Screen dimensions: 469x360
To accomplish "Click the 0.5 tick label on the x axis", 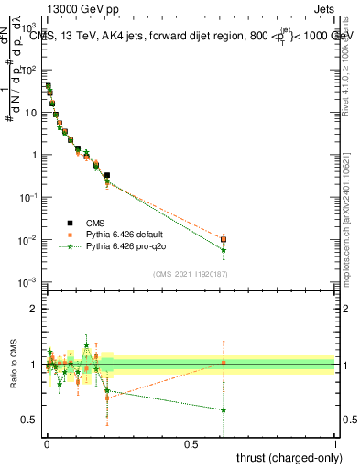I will click(191, 443).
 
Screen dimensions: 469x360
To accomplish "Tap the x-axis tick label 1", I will click(335, 443).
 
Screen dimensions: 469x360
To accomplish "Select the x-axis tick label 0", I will click(47, 443).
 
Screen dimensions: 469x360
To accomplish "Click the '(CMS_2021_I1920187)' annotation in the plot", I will click(191, 274).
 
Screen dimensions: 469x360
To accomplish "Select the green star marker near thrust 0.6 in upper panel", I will click(224, 250).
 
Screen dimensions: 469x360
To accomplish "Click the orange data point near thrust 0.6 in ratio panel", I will click(224, 363).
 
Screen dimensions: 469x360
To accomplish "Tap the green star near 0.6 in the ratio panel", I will click(224, 409).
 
